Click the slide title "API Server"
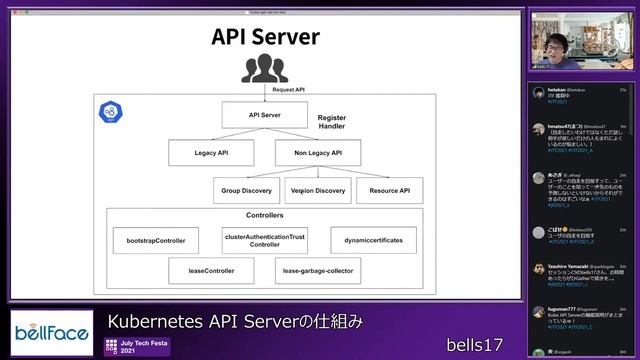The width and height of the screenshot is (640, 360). (x=265, y=37)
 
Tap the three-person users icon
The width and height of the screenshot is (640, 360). (x=265, y=69)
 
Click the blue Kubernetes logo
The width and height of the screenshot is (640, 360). (x=110, y=112)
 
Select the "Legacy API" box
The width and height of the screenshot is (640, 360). (x=209, y=153)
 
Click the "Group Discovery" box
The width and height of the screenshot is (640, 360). (x=245, y=190)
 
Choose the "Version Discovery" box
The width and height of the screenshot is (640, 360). (x=317, y=190)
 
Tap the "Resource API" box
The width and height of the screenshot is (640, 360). (x=389, y=190)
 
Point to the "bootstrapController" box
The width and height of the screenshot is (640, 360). (x=156, y=240)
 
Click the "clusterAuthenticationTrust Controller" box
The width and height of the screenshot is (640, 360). (x=265, y=240)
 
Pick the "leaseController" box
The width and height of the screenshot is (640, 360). (x=211, y=271)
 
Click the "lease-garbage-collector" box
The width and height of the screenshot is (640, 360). (x=317, y=271)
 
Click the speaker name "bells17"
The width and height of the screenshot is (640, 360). (x=473, y=343)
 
